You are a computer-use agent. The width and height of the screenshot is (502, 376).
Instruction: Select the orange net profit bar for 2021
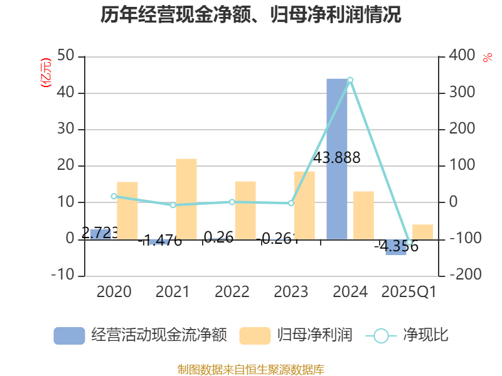point(186,199)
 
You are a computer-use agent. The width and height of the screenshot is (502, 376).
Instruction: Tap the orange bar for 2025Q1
point(422,232)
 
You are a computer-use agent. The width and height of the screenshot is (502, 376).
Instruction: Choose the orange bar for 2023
point(304,205)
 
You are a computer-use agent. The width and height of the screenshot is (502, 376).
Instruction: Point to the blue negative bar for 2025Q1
point(396,248)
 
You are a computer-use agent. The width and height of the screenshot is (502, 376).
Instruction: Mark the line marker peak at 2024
point(350,80)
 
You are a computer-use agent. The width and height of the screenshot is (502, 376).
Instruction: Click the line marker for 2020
point(114,196)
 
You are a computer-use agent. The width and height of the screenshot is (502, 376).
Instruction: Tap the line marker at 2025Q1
point(409,243)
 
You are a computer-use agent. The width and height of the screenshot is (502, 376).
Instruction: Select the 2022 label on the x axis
point(232,292)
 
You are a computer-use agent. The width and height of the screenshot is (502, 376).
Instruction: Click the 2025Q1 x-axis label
point(409,292)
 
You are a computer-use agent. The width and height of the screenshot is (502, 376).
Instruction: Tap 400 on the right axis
point(462,56)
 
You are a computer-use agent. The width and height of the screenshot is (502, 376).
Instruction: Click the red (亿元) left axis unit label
point(45,72)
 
